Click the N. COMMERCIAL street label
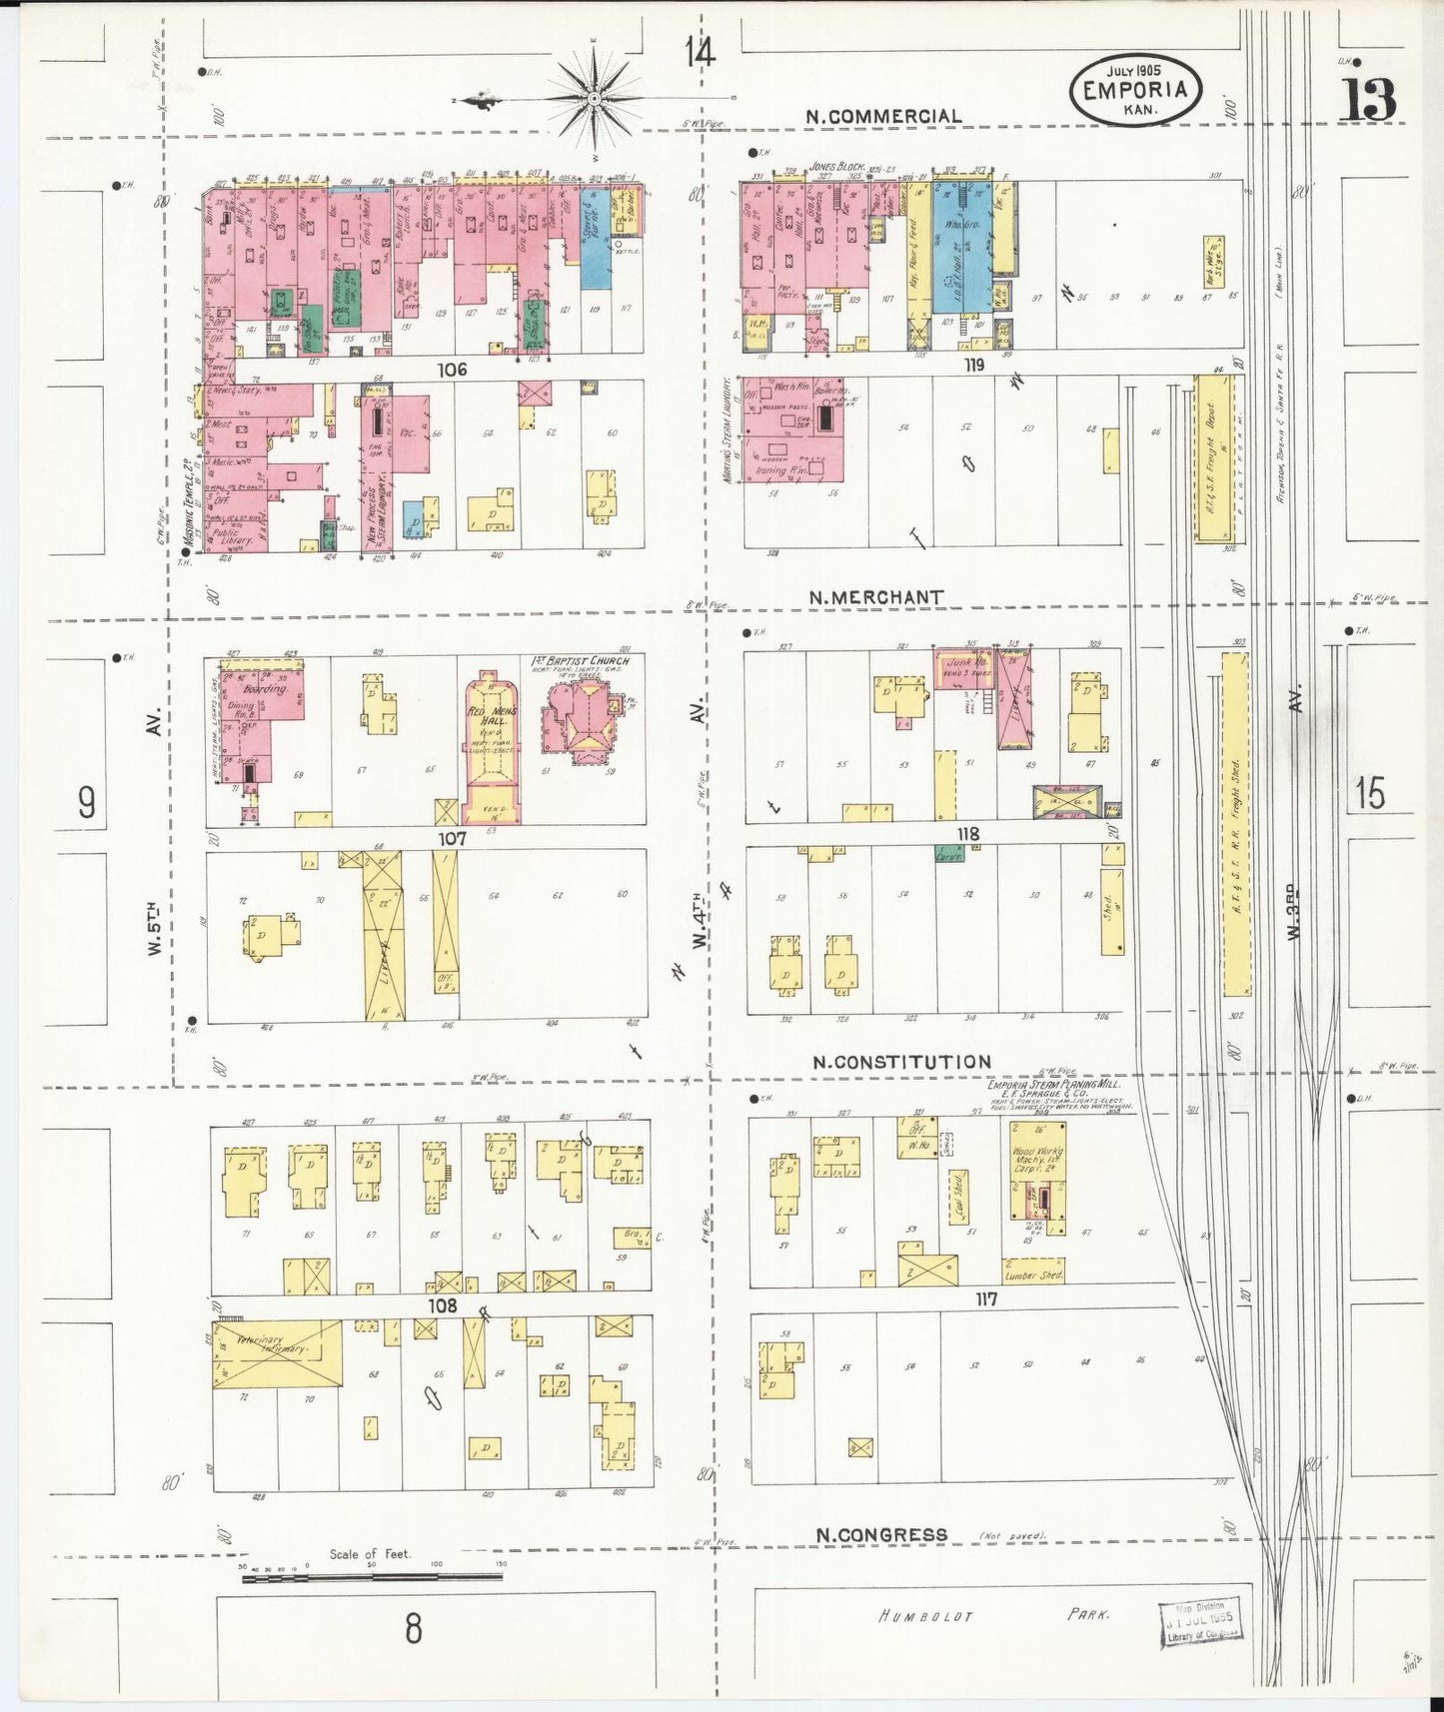pos(884,116)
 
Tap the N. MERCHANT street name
pos(875,597)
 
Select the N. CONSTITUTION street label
pos(901,1062)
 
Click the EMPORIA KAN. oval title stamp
pos(1134,92)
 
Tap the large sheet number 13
pos(1369,98)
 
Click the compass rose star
pos(593,98)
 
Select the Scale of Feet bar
pos(372,1576)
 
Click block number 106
pos(452,370)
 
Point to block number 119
pos(973,365)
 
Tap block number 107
pos(452,839)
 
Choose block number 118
pos(967,834)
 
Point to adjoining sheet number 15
pos(1370,795)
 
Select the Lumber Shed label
pos(1034,1276)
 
